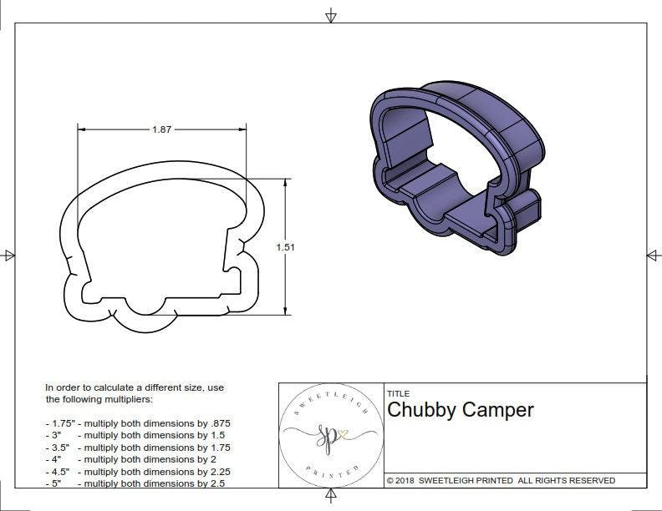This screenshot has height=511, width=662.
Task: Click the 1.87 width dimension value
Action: (164, 129)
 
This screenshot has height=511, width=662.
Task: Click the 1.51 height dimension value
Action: (286, 247)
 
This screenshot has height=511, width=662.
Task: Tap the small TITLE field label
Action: (398, 393)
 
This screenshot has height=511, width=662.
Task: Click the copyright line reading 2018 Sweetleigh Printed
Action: (501, 480)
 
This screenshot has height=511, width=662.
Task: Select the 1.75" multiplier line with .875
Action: (138, 423)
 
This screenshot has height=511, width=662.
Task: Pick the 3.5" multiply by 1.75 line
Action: (137, 448)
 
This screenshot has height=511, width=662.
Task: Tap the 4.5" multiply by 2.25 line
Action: (137, 471)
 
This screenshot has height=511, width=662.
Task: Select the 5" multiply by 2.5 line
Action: (134, 483)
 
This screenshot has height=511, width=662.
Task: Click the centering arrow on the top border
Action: (331, 15)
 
